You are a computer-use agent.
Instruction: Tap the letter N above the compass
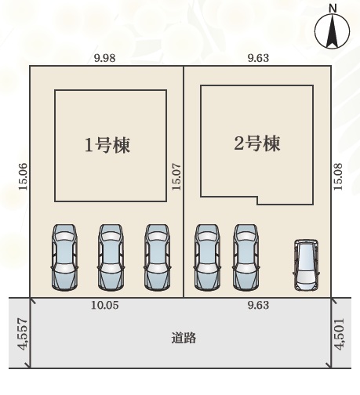[333, 9]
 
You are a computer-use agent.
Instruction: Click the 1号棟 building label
[107, 145]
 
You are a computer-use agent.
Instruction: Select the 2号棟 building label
[257, 143]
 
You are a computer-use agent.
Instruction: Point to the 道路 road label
[184, 338]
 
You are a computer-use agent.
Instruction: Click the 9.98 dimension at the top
[105, 58]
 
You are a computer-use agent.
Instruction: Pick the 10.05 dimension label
[105, 305]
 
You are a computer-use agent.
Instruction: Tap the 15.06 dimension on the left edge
[23, 176]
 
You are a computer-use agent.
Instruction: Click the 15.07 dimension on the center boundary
[176, 177]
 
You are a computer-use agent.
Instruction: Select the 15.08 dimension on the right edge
[338, 177]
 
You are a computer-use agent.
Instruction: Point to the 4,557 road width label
[23, 335]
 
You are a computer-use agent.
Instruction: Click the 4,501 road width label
[340, 334]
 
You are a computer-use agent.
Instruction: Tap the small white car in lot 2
[306, 265]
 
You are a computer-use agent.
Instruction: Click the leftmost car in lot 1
[64, 257]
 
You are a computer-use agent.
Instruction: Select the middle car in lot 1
[111, 257]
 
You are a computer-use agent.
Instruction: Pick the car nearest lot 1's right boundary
[158, 257]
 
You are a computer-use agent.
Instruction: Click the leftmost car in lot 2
[207, 257]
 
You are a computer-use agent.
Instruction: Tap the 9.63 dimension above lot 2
[258, 58]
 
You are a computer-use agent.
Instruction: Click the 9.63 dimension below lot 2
[258, 305]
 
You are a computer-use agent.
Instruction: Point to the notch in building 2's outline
[257, 200]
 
